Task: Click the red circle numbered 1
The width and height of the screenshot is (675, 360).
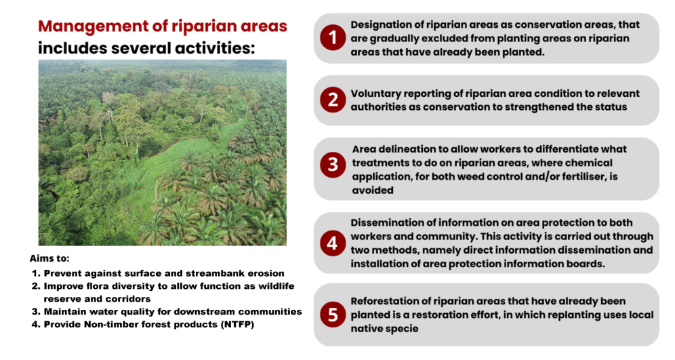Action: tap(333, 37)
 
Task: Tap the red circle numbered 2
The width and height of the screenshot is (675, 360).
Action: tap(333, 100)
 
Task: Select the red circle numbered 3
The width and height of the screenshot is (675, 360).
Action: tap(333, 165)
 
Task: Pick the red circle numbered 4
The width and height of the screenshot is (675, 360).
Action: tap(333, 243)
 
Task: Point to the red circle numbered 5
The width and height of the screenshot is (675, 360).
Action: tap(333, 315)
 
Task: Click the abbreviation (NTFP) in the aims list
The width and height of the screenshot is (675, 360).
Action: tap(237, 324)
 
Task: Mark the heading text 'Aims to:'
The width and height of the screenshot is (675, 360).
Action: tap(49, 258)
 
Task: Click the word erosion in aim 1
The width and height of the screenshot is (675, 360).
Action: tap(267, 273)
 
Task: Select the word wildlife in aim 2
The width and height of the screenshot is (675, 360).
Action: tap(277, 286)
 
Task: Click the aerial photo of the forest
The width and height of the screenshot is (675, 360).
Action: tap(162, 153)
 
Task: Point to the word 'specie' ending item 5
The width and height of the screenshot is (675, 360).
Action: tap(402, 329)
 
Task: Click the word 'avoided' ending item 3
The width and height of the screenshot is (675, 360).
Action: tap(373, 191)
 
